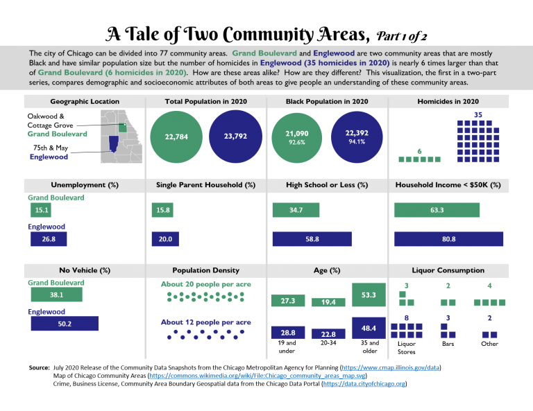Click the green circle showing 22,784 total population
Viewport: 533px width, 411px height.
175,137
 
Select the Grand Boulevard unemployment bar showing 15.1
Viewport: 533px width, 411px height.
40,210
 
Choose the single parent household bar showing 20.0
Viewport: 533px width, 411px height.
167,239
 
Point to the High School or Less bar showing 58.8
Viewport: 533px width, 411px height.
312,239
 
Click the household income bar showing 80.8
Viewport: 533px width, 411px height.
448,239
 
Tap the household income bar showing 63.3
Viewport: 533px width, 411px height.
437,210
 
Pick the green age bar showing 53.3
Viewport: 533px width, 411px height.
369,295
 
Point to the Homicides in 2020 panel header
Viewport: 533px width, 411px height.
448,101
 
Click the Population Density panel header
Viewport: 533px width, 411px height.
206,270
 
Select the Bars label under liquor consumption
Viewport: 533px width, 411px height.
448,343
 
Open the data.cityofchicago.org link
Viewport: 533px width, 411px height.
364,383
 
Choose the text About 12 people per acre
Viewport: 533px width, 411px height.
205,322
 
